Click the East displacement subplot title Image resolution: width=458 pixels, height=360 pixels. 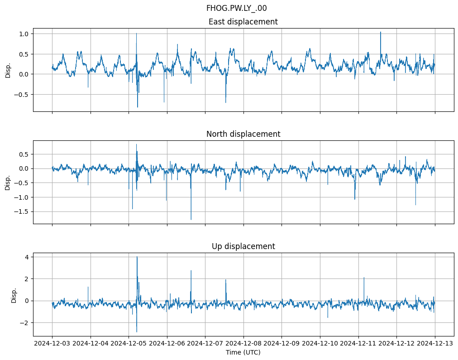(243, 22)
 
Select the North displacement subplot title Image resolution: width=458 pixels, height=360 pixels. (243, 134)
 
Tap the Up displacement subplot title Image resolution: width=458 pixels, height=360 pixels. (243, 246)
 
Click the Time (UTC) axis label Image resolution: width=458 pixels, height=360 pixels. (243, 352)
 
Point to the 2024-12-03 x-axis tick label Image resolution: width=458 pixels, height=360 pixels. (52, 344)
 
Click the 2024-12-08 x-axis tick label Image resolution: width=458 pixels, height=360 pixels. (243, 344)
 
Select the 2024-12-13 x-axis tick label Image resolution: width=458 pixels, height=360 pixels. (435, 344)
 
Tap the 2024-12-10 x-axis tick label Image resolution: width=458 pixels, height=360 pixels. (320, 344)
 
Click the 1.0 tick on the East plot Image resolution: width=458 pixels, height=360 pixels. (24, 34)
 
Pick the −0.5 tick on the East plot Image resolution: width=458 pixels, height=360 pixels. (22, 95)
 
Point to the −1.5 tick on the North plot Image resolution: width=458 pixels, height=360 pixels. (22, 211)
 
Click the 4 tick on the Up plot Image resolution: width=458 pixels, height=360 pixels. (27, 257)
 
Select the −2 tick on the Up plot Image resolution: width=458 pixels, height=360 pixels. (24, 323)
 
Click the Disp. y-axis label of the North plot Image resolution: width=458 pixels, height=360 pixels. (8, 182)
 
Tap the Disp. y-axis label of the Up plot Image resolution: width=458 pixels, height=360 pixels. (14, 295)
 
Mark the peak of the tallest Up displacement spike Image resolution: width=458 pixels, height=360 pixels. (137, 257)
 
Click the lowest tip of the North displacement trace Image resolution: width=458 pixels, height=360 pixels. (191, 220)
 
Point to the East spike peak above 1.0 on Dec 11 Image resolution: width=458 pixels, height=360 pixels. (381, 32)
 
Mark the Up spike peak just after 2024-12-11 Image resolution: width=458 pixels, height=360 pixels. (364, 277)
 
